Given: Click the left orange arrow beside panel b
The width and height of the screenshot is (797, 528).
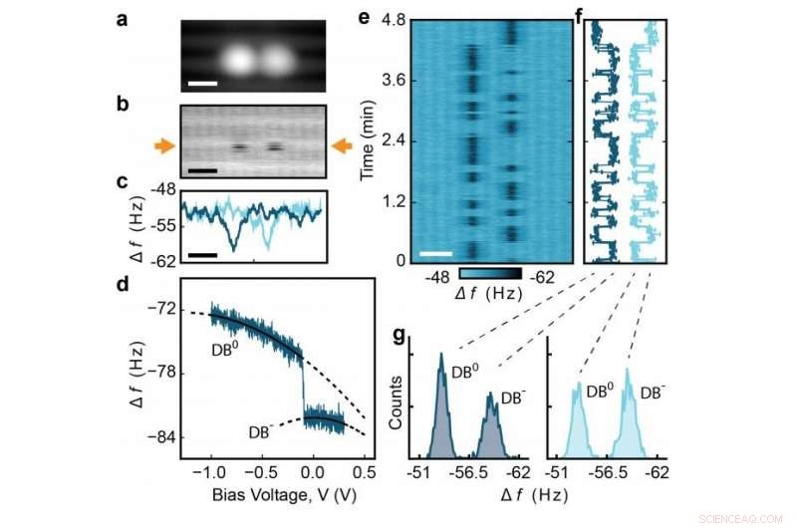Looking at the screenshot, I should [161, 146].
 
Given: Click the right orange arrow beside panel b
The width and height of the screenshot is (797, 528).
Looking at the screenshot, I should [342, 146].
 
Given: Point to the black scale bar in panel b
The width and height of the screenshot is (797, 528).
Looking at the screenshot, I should [202, 170].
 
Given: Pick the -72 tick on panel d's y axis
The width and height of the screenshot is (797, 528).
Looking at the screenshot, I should [163, 309].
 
